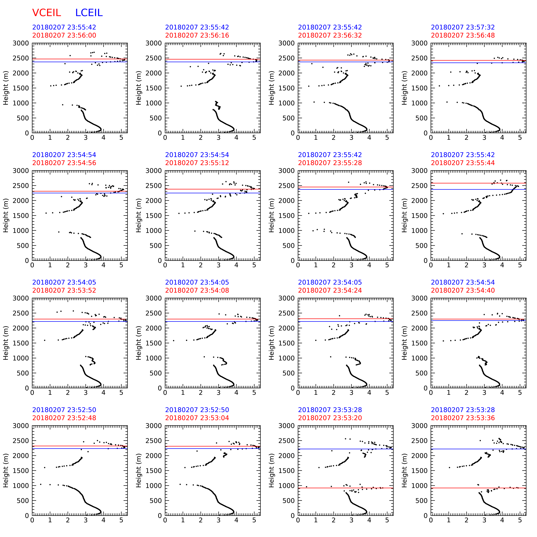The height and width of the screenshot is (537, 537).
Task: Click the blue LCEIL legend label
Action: [89, 13]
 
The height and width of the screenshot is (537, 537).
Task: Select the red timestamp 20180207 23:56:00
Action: [64, 35]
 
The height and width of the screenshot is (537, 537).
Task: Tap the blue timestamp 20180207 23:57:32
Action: [463, 27]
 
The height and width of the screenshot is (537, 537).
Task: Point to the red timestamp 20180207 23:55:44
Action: [463, 163]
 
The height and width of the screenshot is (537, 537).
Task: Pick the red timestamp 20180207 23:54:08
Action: [197, 290]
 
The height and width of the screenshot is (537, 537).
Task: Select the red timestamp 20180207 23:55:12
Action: [197, 163]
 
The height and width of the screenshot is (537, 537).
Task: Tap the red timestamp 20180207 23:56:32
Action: [330, 35]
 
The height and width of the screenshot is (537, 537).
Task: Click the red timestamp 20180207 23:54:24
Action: [330, 290]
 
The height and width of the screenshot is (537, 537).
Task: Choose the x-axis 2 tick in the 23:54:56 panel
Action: [68, 265]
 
